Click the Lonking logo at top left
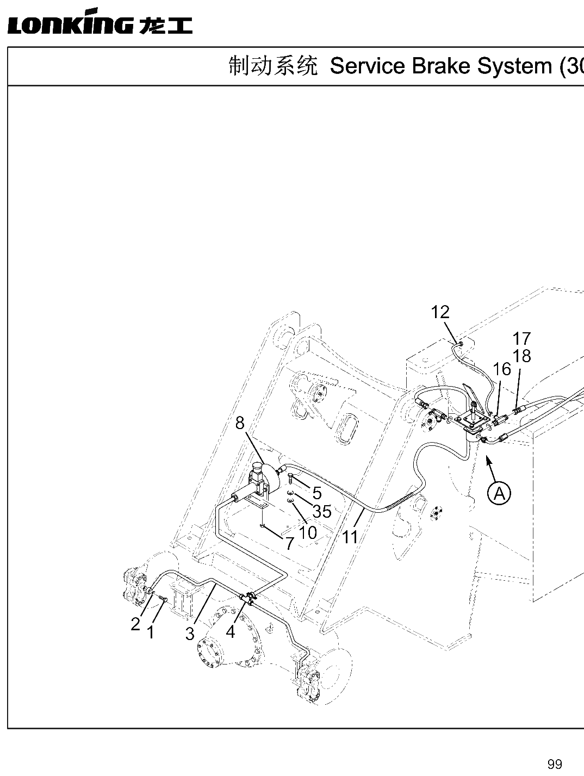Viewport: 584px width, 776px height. (x=100, y=21)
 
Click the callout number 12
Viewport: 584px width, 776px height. (x=440, y=312)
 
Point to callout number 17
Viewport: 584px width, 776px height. (x=522, y=339)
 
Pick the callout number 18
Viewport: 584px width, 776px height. (x=522, y=356)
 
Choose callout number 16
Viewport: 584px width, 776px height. (x=502, y=369)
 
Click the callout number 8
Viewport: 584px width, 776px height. (x=240, y=423)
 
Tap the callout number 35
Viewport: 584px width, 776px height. (x=322, y=512)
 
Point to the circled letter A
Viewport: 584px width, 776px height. (x=499, y=493)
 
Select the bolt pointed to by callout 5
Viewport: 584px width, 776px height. (x=290, y=479)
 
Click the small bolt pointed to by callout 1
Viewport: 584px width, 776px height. (x=163, y=598)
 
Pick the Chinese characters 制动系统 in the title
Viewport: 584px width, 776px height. (x=274, y=66)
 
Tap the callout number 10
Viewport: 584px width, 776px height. (x=308, y=532)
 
